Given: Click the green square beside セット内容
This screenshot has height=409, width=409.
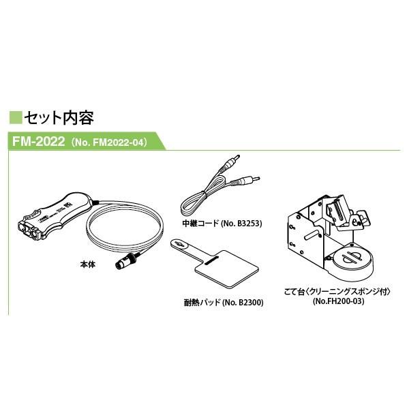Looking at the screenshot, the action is pyautogui.click(x=16, y=118).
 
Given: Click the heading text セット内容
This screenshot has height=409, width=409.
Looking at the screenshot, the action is pyautogui.click(x=59, y=118).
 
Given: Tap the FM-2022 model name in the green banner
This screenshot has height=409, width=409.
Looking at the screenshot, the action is pyautogui.click(x=38, y=141).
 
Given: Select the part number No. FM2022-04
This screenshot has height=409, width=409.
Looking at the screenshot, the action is pyautogui.click(x=109, y=142).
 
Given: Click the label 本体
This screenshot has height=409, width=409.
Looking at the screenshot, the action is pyautogui.click(x=88, y=264).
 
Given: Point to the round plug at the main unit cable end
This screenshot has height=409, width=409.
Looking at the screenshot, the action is pyautogui.click(x=125, y=262).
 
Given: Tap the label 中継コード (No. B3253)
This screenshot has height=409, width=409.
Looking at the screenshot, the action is pyautogui.click(x=222, y=224).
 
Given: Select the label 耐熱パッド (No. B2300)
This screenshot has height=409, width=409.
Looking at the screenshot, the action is pyautogui.click(x=224, y=302).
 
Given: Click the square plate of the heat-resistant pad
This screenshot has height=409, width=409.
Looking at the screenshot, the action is pyautogui.click(x=226, y=269).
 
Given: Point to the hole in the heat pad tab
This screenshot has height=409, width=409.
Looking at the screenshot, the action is pyautogui.click(x=179, y=244).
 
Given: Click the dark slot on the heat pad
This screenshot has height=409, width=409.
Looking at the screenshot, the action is pyautogui.click(x=211, y=261).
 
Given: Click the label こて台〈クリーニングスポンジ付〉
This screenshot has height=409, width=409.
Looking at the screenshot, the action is pyautogui.click(x=338, y=291).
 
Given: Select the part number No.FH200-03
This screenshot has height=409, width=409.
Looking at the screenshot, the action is pyautogui.click(x=338, y=301).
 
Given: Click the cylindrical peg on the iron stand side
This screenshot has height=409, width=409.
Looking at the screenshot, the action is pyautogui.click(x=312, y=233).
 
